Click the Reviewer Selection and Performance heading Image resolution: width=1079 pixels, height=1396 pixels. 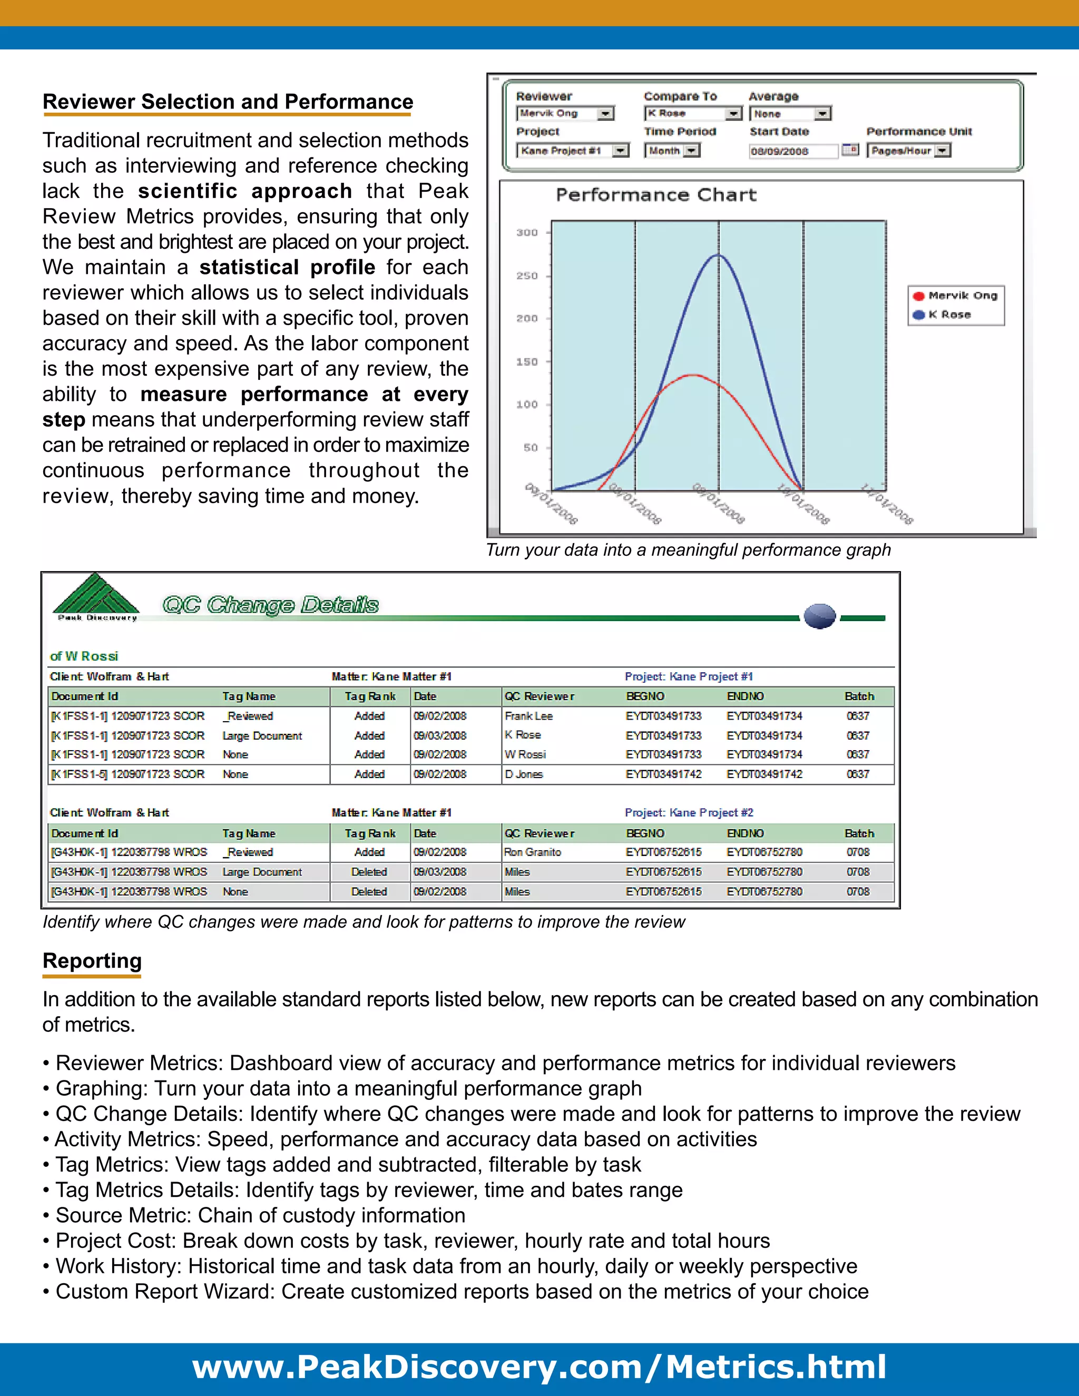(228, 102)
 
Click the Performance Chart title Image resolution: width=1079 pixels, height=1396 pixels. (656, 195)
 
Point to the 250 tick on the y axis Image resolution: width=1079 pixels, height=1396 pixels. (527, 276)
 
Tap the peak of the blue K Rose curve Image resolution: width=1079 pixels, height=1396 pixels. (719, 255)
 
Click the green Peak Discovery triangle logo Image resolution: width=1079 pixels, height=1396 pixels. (96, 594)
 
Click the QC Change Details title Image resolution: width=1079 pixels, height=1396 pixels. (270, 605)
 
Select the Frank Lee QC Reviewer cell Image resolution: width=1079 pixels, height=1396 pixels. (528, 716)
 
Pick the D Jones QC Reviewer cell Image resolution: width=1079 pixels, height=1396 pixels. (524, 774)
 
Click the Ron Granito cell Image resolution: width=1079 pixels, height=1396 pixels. (533, 852)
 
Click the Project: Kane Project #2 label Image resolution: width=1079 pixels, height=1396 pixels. (689, 812)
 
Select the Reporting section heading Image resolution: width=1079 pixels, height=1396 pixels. (92, 961)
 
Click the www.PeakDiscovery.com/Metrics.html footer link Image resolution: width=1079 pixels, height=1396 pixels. (539, 1367)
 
